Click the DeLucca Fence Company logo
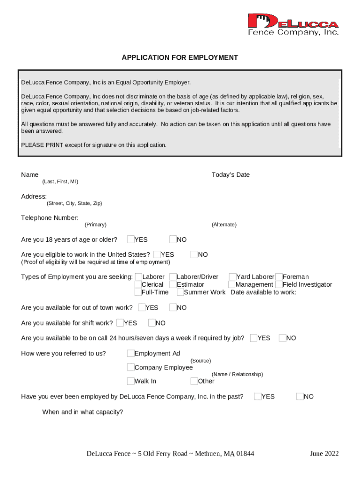coord(293,24)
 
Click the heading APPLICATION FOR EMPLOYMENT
coord(180,58)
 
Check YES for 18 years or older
coord(131,239)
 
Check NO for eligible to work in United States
coord(194,254)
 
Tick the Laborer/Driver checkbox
coord(173,277)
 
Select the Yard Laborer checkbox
coord(232,277)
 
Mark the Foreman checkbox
coord(279,277)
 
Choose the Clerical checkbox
coord(138,284)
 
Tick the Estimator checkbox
coord(173,284)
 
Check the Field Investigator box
coord(279,284)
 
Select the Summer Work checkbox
coord(180,292)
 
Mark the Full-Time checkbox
coord(138,292)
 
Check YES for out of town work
coord(142,307)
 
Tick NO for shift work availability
coord(152,323)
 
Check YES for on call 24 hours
coord(254,338)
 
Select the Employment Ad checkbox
coord(131,353)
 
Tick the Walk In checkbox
coord(131,381)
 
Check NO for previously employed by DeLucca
coord(300,397)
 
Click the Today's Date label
coord(230,175)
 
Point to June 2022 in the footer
coord(324,454)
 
